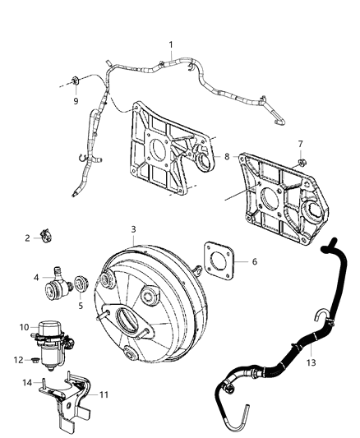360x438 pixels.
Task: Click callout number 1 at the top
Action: (x=170, y=44)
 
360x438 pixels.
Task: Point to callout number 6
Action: (x=254, y=261)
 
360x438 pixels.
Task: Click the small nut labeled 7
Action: (x=301, y=163)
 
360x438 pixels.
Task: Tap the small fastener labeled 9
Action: (x=76, y=81)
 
